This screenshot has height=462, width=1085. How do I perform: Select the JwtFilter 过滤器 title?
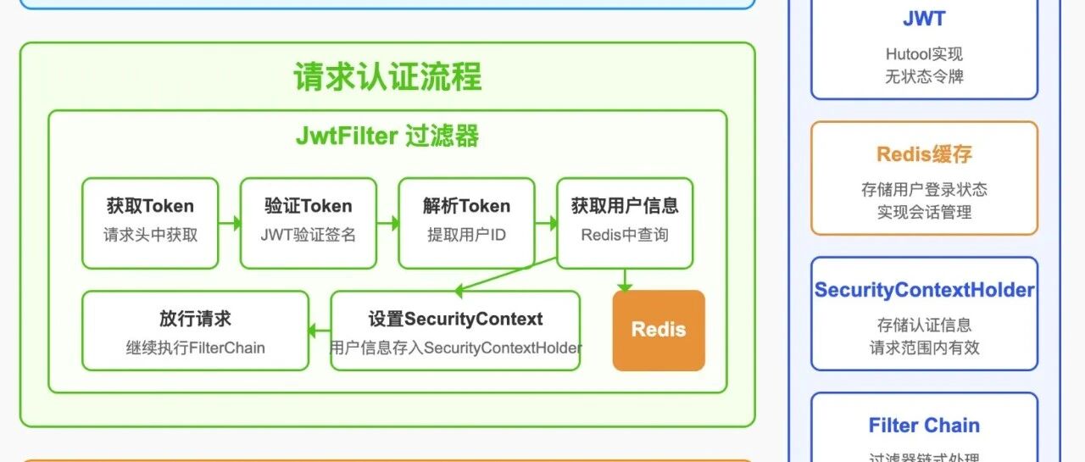(387, 136)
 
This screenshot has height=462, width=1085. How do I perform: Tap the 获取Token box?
(150, 222)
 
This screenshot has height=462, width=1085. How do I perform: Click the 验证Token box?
(309, 222)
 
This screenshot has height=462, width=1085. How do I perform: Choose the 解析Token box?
(466, 222)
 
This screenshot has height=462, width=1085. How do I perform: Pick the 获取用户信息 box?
(625, 222)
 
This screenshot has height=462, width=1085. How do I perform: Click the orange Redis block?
(659, 331)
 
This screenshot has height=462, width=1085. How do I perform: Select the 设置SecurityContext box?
(455, 331)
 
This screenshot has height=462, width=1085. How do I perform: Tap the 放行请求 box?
(195, 331)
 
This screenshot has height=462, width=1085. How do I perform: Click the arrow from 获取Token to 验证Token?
(230, 224)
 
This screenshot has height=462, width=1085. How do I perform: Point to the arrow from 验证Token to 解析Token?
(387, 224)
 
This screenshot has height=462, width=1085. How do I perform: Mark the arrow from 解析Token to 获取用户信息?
(546, 224)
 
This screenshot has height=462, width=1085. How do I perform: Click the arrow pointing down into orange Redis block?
(625, 281)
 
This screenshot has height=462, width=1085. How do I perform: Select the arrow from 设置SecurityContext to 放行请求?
(320, 331)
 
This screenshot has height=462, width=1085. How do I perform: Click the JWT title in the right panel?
(924, 19)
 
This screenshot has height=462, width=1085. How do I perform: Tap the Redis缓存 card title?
(924, 154)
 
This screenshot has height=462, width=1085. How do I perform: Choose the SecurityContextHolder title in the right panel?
(924, 290)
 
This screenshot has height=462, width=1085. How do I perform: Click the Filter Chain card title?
(924, 426)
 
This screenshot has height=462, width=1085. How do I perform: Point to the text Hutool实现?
(924, 54)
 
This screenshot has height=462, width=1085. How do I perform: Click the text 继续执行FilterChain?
(195, 348)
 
